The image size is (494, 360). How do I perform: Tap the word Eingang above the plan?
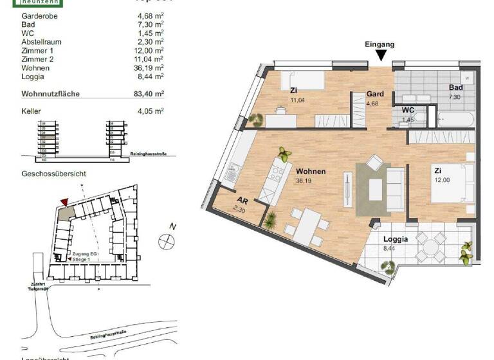pyautogui.click(x=380, y=44)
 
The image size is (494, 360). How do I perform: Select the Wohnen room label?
pyautogui.click(x=310, y=172)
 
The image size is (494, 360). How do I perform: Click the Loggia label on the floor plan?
pyautogui.click(x=396, y=239)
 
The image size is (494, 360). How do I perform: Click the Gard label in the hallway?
pyautogui.click(x=375, y=93)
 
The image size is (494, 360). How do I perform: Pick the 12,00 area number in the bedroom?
pyautogui.click(x=441, y=180)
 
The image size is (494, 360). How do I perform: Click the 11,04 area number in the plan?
pyautogui.click(x=297, y=101)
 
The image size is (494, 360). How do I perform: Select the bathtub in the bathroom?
pyautogui.click(x=455, y=118)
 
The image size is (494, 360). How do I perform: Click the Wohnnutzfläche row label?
pyautogui.click(x=50, y=93)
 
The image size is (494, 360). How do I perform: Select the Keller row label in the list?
pyautogui.click(x=32, y=111)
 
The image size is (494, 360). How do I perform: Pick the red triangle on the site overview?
pyautogui.click(x=63, y=203)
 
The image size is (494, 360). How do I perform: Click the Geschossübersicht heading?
pyautogui.click(x=53, y=174)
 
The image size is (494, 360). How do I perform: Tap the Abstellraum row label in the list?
pyautogui.click(x=42, y=40)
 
